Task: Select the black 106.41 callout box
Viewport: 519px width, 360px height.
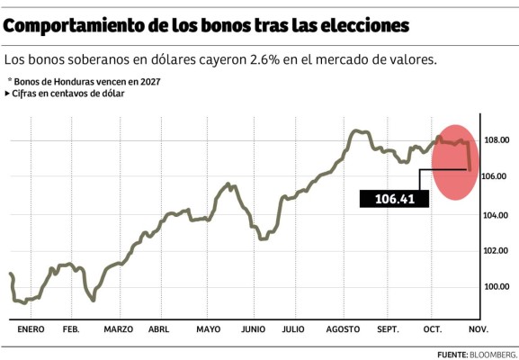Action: coord(395,198)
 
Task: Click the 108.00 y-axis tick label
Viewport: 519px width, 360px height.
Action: coord(497,140)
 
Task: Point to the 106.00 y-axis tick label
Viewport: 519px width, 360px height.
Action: coord(497,177)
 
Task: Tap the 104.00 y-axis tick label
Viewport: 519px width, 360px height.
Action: coord(497,214)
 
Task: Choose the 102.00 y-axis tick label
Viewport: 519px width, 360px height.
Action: coord(497,251)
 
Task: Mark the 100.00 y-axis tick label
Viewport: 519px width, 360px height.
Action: coord(497,287)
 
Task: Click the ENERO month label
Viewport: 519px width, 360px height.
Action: coord(31,329)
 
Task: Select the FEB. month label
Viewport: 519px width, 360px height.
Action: coord(70,329)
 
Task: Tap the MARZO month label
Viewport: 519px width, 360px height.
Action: coord(118,329)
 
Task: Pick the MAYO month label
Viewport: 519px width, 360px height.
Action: coord(208,329)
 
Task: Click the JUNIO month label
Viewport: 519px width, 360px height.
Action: coord(253,329)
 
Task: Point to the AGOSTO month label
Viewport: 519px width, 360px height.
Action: coord(343,329)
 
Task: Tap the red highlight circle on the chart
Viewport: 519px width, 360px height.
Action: coord(454,162)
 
